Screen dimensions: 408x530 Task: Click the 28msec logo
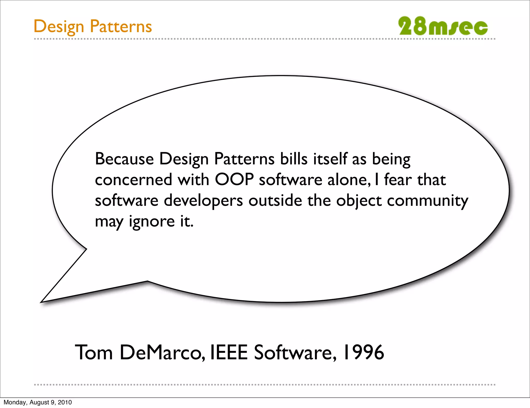click(443, 26)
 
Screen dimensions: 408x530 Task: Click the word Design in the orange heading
click(59, 27)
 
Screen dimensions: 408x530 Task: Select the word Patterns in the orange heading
click(121, 26)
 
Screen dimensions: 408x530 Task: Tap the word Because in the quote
click(124, 159)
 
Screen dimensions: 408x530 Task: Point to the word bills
click(294, 159)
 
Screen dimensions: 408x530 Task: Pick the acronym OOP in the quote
click(234, 179)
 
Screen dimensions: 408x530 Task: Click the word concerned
click(134, 180)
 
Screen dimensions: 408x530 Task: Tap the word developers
click(203, 201)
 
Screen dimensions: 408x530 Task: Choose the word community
click(428, 201)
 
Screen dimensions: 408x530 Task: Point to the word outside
click(275, 200)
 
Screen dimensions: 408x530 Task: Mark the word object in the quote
click(359, 201)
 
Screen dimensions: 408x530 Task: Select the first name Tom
click(94, 352)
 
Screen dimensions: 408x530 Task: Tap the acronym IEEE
click(229, 352)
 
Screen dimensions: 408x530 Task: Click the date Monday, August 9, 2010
click(38, 402)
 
